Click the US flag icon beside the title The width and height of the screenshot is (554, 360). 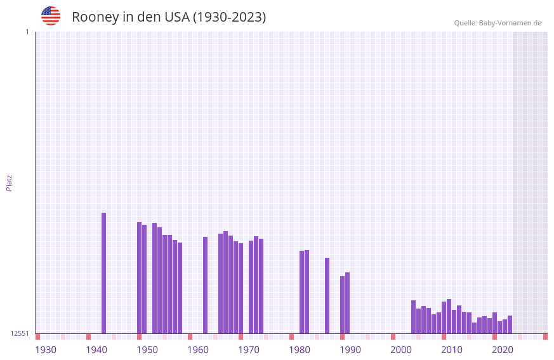(51, 16)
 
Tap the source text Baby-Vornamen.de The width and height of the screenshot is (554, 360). (510, 23)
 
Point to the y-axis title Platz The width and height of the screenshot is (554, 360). (9, 182)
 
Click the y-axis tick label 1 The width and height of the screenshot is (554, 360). (27, 32)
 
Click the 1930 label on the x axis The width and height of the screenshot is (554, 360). (46, 350)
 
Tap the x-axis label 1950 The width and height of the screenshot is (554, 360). (147, 350)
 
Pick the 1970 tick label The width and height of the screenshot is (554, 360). (249, 350)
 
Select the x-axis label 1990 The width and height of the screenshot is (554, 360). (350, 350)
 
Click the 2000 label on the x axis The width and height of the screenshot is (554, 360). (401, 350)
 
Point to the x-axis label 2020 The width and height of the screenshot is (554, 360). (503, 350)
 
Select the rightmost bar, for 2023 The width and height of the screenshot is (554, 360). (510, 324)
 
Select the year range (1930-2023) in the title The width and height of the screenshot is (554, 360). (229, 17)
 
